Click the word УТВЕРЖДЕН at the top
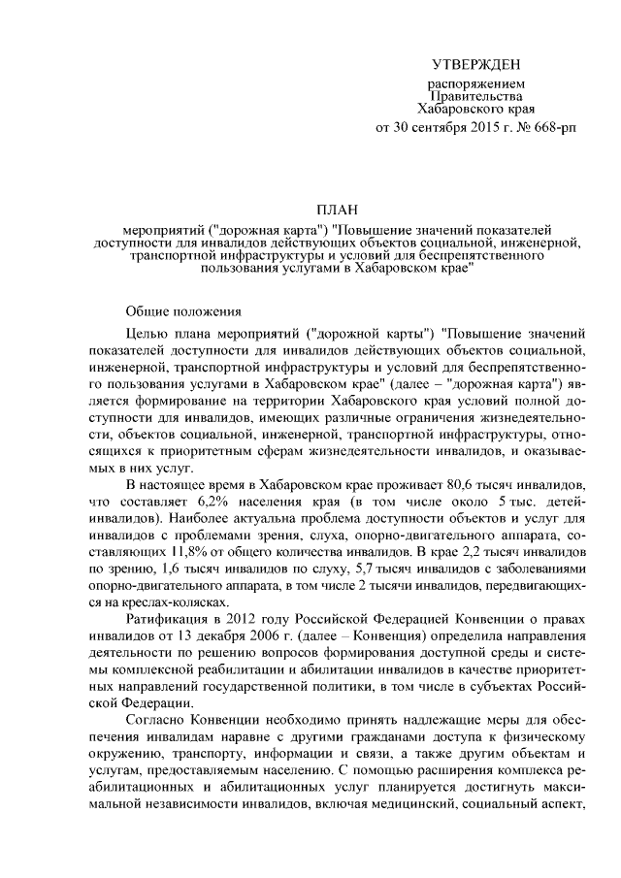(475, 64)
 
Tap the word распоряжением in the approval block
(475, 84)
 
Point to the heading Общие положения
(180, 310)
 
